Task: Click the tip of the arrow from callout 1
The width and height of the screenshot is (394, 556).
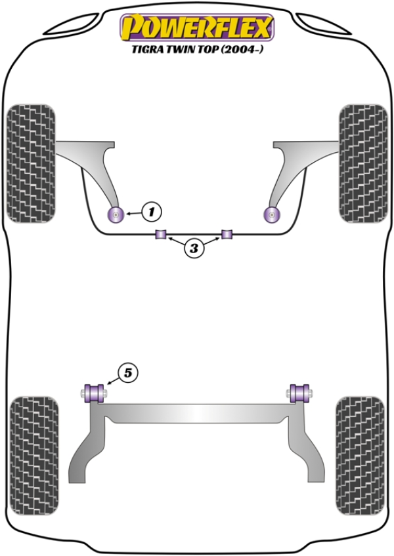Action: [x=125, y=214]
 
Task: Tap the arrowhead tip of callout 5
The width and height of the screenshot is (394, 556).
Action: [x=106, y=384]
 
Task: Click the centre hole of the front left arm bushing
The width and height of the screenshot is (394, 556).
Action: [x=115, y=214]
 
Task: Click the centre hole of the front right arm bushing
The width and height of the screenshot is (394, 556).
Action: [x=272, y=214]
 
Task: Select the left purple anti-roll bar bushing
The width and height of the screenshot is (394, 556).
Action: [x=161, y=234]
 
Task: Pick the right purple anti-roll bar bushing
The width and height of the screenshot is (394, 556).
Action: [x=227, y=234]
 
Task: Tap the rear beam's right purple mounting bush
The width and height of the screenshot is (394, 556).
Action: [x=299, y=393]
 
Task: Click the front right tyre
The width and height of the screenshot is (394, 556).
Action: [x=363, y=163]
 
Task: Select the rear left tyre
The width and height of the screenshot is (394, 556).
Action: [x=34, y=456]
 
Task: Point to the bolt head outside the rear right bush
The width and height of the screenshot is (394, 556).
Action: [x=311, y=393]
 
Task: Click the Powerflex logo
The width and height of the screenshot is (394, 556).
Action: [x=198, y=28]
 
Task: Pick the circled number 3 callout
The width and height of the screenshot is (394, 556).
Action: [x=194, y=248]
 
